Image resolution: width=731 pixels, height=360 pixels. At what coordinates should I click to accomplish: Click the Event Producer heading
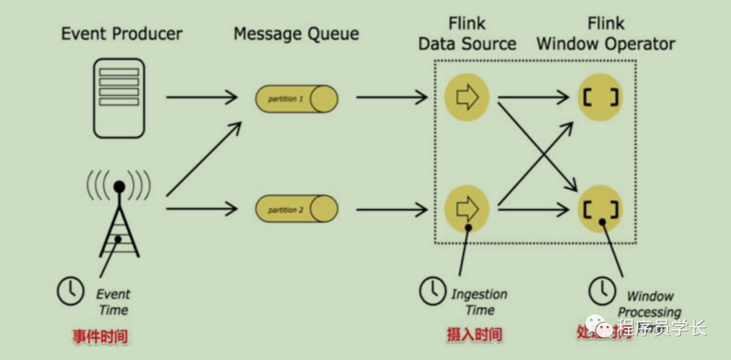click(122, 33)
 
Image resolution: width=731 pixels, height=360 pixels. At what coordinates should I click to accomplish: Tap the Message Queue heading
click(296, 33)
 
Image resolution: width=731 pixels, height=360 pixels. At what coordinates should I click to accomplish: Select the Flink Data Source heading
click(467, 34)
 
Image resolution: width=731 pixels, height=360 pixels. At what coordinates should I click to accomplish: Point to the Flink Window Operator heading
click(606, 34)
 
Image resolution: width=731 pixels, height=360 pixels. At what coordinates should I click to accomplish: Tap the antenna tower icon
click(119, 217)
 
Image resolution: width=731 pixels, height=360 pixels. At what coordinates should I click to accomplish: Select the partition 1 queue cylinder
click(296, 99)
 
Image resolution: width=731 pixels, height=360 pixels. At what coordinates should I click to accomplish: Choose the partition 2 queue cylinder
click(296, 210)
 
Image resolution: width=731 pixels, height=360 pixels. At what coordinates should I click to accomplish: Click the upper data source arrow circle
click(467, 97)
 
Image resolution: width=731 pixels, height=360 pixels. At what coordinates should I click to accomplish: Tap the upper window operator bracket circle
click(600, 97)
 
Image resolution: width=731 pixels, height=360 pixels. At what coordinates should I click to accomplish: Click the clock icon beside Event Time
click(70, 290)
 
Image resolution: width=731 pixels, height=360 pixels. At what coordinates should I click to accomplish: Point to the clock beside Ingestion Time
click(433, 291)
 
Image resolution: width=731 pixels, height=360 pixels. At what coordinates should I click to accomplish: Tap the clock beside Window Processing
click(602, 291)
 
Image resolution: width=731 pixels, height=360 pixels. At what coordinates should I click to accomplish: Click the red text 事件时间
click(101, 335)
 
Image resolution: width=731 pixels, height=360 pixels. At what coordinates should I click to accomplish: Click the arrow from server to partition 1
click(202, 97)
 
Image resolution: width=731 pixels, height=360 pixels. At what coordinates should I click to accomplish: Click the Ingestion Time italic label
click(479, 302)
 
